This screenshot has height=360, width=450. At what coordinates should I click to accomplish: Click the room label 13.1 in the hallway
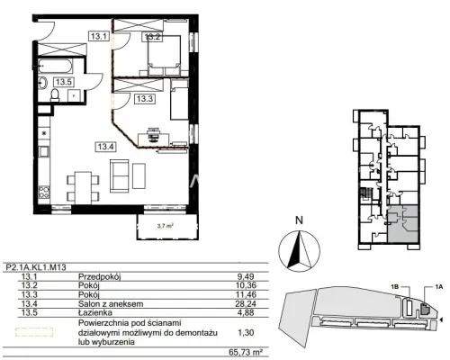click(x=99, y=36)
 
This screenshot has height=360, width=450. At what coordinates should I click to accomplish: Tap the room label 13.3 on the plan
click(x=145, y=99)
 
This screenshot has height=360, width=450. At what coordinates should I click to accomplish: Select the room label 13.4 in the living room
click(x=105, y=147)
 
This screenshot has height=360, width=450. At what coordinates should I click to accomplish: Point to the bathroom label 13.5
click(x=64, y=82)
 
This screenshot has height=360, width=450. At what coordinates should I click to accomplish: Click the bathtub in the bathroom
click(x=56, y=67)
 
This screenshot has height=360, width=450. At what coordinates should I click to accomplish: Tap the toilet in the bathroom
click(x=56, y=94)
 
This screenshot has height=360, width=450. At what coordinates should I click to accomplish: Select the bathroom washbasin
click(x=43, y=83)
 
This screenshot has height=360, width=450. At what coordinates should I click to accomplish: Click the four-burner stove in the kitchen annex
click(x=44, y=192)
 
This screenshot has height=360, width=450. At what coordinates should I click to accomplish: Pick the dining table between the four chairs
click(x=83, y=187)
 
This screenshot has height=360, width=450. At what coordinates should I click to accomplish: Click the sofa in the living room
click(x=120, y=176)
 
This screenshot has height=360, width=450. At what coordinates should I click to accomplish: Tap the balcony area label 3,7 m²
click(x=166, y=227)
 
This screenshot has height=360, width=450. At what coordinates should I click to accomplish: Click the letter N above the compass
click(x=299, y=220)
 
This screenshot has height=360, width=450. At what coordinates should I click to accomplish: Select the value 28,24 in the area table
click(x=246, y=304)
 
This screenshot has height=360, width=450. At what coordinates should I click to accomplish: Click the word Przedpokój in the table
click(x=99, y=276)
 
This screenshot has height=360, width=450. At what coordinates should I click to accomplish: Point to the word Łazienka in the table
click(x=95, y=312)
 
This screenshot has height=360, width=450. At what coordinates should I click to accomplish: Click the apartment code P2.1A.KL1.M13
click(x=36, y=267)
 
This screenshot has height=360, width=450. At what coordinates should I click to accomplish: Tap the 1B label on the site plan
click(x=394, y=287)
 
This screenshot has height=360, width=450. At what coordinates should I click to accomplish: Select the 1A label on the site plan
click(x=438, y=287)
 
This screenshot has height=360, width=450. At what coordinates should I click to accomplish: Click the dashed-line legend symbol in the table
click(x=34, y=332)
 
